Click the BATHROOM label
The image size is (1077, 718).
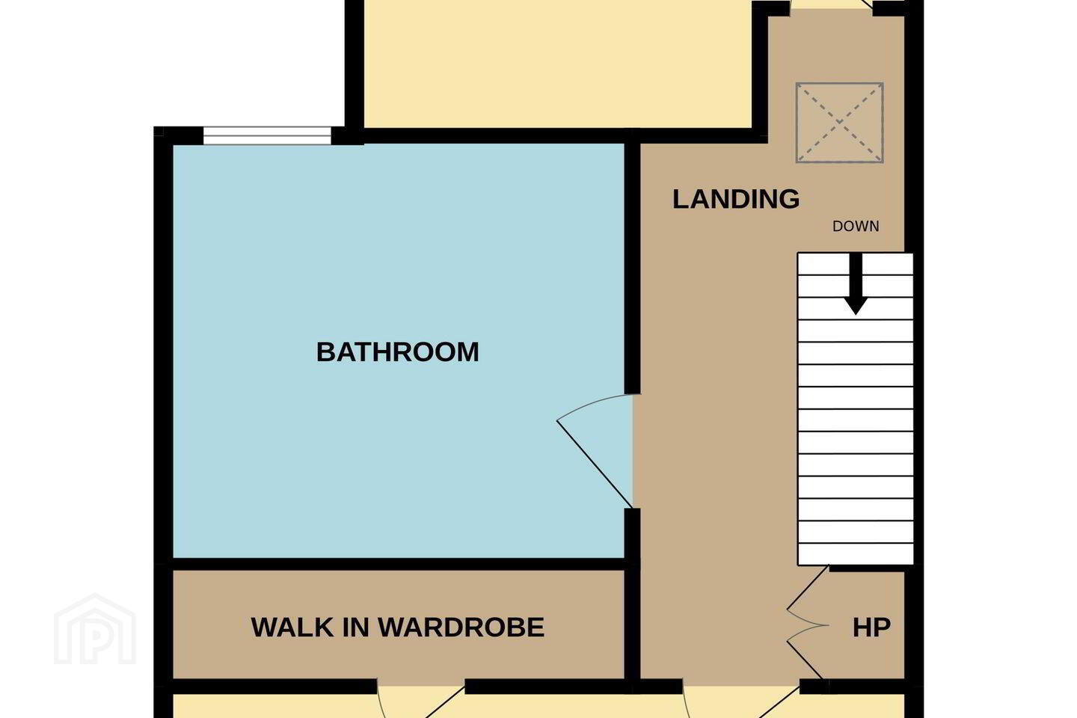coord(398,352)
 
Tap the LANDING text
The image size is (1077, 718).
coord(736,199)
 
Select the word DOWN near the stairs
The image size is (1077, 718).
coord(856,227)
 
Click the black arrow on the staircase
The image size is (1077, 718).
coord(856,283)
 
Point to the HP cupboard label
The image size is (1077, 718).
coord(871,628)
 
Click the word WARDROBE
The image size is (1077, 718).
coord(461,628)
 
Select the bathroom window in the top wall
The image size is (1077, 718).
coord(267,135)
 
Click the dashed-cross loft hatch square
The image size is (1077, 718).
coord(839,123)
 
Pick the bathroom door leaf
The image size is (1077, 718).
coord(595,464)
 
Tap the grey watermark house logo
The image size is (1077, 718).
coord(95,629)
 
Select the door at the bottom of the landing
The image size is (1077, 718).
coord(741,701)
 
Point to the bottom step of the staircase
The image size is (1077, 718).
coord(856,554)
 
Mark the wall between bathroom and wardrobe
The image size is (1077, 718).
coord(399,564)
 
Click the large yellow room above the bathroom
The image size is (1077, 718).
coord(558,64)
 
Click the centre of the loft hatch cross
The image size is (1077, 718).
coord(839,123)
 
